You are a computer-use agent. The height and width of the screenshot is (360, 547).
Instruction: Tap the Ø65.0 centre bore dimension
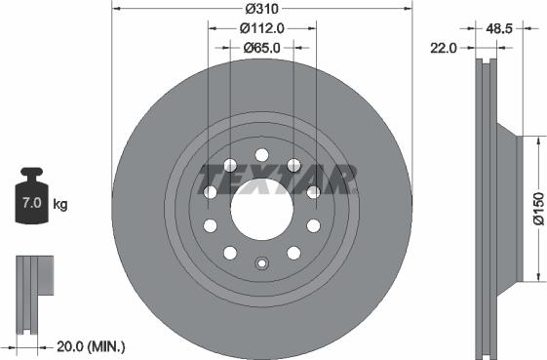[261, 47]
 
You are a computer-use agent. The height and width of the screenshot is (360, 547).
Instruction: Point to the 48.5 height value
[499, 30]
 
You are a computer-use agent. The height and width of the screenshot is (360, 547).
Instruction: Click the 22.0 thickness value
[444, 47]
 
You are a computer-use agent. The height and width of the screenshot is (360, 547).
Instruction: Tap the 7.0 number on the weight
[31, 205]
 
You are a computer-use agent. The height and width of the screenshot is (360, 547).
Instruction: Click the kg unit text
[59, 205]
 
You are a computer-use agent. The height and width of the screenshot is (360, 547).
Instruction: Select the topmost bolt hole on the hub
[261, 155]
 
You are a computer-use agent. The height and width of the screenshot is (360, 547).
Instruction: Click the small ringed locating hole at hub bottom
[261, 262]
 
